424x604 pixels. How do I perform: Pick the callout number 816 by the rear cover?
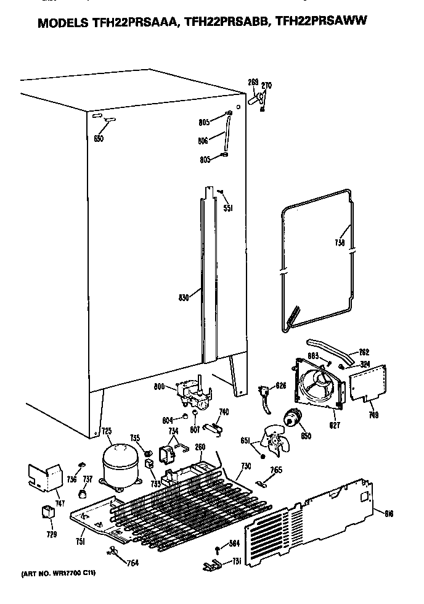(388, 513)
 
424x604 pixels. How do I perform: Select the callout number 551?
(227, 209)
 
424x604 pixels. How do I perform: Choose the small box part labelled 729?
(47, 512)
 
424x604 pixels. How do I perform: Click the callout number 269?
(253, 83)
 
